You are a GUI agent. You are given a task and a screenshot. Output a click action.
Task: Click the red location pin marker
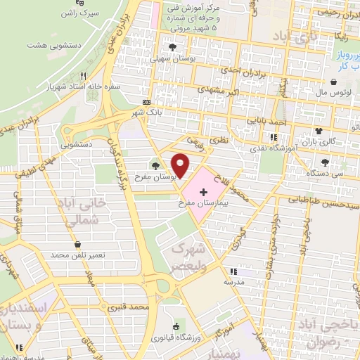tap(181, 165)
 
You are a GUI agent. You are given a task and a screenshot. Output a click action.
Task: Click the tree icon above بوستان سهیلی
tap(172, 48)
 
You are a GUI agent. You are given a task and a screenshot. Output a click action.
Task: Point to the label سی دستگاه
tap(330, 172)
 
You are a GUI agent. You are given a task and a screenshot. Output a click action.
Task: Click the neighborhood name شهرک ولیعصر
tap(191, 257)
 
